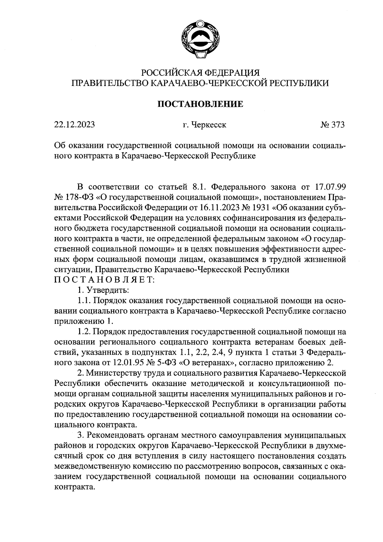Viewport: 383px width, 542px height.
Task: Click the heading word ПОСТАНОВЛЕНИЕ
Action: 201,104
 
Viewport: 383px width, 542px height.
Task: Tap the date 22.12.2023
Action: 74,125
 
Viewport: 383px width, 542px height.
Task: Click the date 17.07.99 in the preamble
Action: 331,186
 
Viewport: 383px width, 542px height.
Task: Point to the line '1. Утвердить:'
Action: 103,290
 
